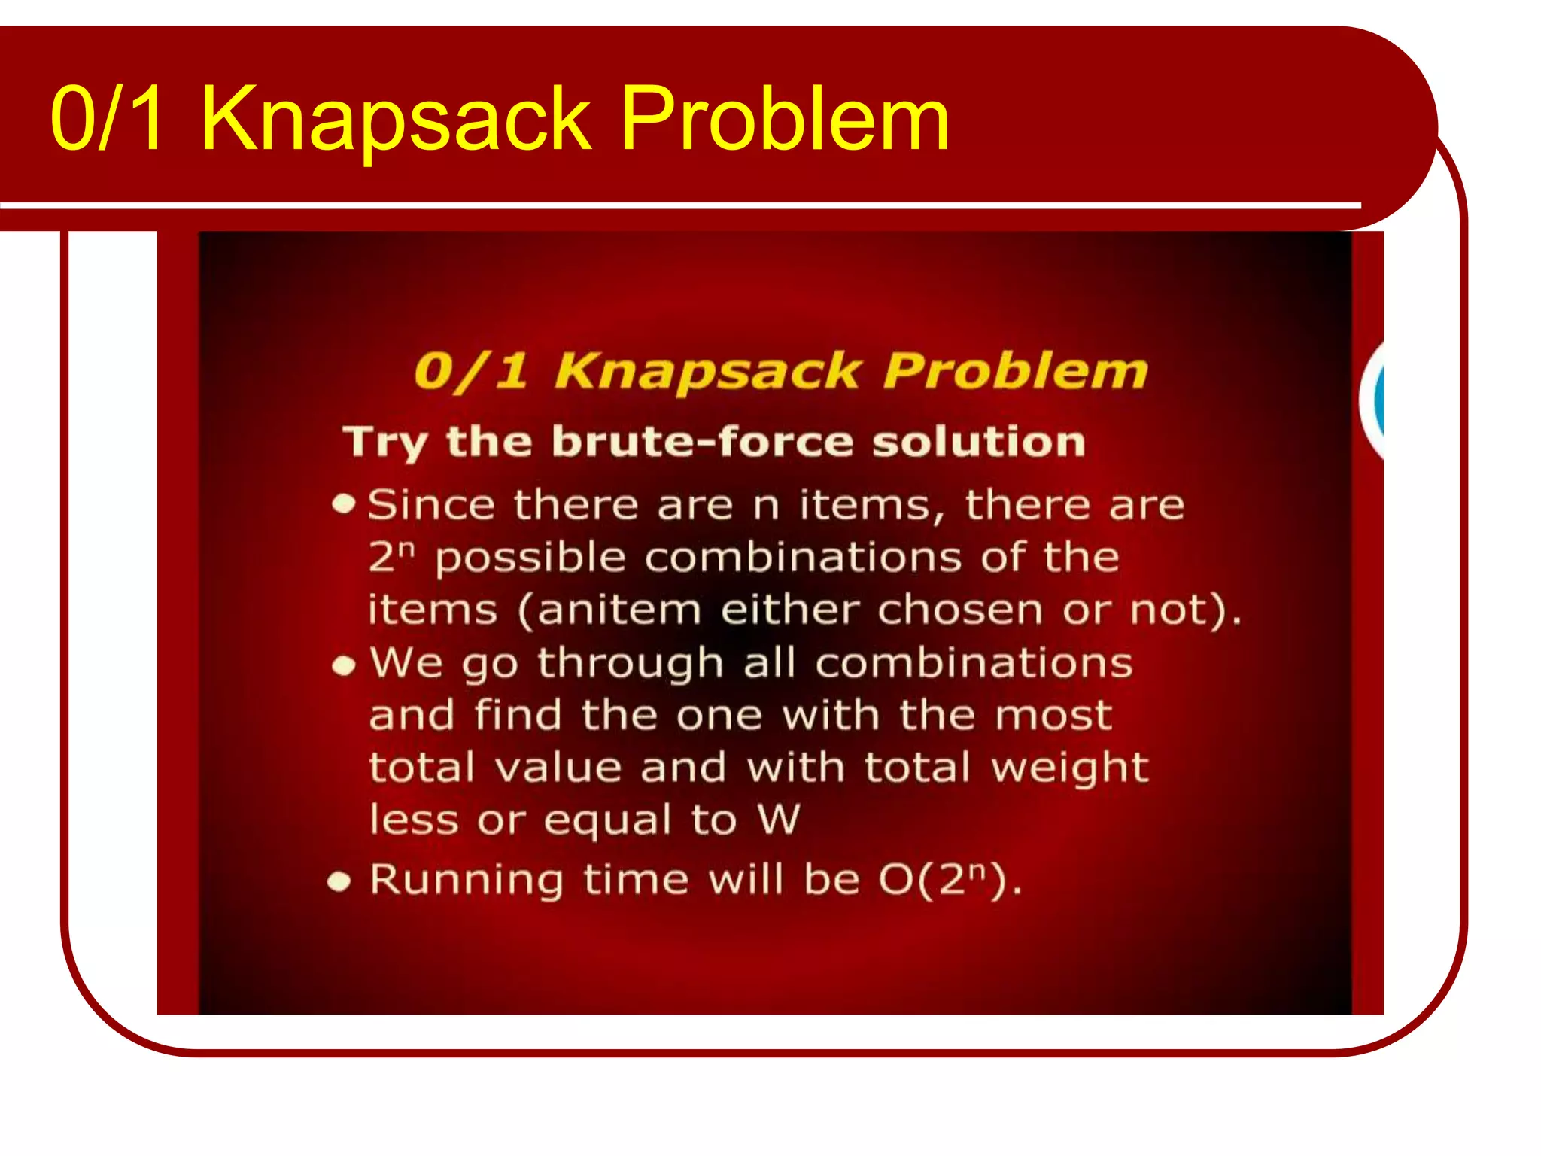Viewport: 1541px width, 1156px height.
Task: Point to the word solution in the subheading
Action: pyautogui.click(x=978, y=441)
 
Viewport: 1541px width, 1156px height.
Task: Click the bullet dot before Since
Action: pyautogui.click(x=344, y=503)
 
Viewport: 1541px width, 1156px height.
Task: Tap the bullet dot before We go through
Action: pyautogui.click(x=344, y=665)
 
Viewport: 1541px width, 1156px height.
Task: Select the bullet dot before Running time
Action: pyautogui.click(x=339, y=881)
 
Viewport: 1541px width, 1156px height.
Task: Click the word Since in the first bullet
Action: pyautogui.click(x=431, y=504)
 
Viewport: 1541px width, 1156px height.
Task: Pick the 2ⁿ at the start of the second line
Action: pyautogui.click(x=391, y=557)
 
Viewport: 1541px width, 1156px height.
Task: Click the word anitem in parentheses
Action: pyautogui.click(x=619, y=610)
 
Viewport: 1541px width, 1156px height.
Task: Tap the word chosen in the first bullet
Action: pyautogui.click(x=960, y=610)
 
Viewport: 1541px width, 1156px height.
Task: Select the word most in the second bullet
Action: pyautogui.click(x=1053, y=715)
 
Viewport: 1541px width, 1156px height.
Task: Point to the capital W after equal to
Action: pyautogui.click(x=779, y=819)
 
